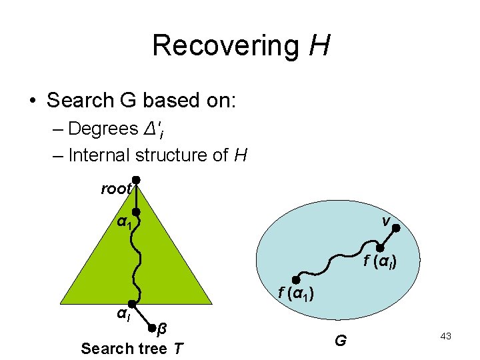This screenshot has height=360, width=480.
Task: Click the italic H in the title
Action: pos(320,46)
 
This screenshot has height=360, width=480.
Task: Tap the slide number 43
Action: pos(446,337)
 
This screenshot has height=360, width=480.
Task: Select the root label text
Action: pos(116,189)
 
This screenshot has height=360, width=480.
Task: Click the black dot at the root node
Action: pos(135,179)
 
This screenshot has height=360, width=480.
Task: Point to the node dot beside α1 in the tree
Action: pos(135,212)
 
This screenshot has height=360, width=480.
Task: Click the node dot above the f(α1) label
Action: pos(296,279)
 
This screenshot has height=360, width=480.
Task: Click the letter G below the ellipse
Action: pos(340,341)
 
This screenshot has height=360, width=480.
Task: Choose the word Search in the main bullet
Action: pos(79,100)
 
